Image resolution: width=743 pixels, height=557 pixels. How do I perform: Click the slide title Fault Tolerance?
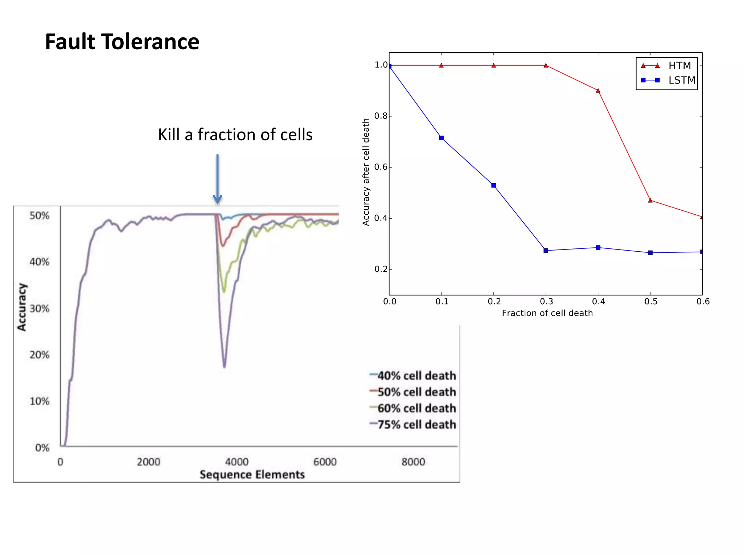coord(122,42)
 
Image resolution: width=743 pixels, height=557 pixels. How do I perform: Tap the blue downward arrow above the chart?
coord(217,179)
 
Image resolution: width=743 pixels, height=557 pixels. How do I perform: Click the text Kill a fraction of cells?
coord(235,135)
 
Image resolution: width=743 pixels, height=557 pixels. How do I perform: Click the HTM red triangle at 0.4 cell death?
coord(598,91)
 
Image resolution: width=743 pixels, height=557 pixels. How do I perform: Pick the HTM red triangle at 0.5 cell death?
coord(650,201)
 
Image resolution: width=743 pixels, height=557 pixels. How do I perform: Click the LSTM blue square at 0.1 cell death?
coord(441,138)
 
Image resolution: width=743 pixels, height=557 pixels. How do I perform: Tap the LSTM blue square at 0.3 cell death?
coord(546,251)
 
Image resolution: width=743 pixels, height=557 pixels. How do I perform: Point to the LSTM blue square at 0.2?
coord(493,186)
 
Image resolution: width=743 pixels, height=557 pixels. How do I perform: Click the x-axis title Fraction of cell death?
coord(547,313)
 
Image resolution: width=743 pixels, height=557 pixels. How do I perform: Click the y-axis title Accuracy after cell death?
coord(366,172)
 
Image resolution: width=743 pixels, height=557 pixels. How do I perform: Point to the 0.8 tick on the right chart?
coord(381,116)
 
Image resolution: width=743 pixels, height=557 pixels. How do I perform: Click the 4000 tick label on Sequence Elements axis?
coord(237,462)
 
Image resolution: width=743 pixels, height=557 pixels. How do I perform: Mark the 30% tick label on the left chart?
coord(40,309)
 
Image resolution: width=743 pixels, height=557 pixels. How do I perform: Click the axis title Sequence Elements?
coord(252,475)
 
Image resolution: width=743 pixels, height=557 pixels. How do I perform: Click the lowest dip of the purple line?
coord(225,366)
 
